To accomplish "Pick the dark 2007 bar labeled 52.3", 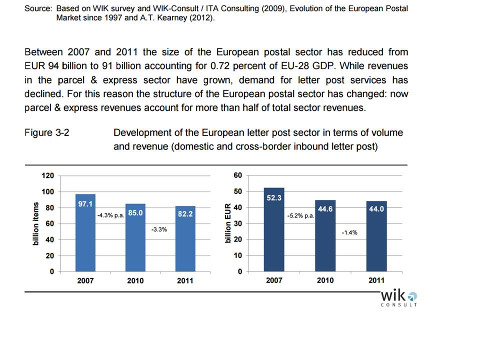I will (x=274, y=230).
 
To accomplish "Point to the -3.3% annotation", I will (x=159, y=229).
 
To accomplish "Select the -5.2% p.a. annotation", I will (x=300, y=216).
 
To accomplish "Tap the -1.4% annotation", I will (x=349, y=232).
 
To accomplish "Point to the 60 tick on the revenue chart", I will (x=237, y=175).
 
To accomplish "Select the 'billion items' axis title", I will (x=35, y=223).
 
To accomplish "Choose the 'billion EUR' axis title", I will (x=228, y=223).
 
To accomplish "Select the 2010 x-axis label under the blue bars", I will (x=135, y=280).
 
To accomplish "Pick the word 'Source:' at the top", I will (x=38, y=9).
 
